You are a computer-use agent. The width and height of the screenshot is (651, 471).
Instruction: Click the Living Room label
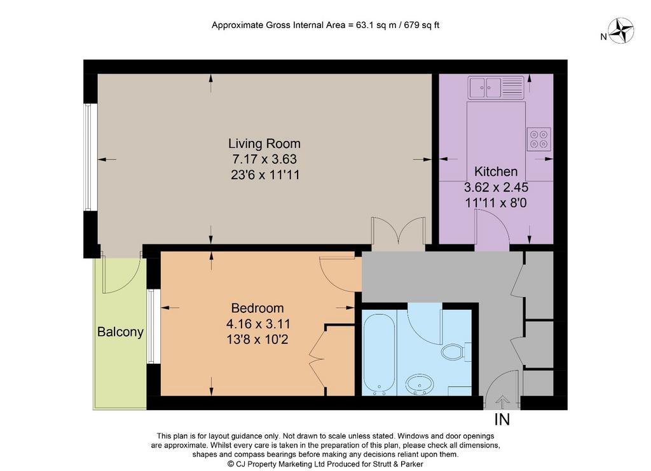pos(264,143)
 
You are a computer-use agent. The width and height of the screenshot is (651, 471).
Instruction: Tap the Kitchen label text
pos(496,171)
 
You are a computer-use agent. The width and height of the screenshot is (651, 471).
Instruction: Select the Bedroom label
pos(257,308)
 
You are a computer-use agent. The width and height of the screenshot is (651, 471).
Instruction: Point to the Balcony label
pos(120,332)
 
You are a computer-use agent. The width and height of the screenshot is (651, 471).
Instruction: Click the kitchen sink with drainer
pos(496,88)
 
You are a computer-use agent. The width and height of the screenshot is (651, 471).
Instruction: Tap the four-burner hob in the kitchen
pos(539,139)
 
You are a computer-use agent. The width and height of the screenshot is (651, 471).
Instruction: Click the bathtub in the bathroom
pos(379,354)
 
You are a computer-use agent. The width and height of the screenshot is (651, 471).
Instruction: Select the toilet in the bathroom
pos(455,352)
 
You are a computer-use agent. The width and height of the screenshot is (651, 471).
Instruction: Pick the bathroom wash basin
pos(420,384)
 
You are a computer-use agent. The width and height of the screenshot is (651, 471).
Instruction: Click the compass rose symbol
pos(622,30)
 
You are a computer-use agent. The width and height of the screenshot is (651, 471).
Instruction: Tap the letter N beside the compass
pos(604,36)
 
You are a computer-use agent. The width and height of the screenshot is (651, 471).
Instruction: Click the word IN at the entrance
pos(502,420)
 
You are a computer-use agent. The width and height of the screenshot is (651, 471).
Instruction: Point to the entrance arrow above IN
pos(502,402)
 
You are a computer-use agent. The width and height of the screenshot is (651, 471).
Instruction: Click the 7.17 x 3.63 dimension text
pos(264,159)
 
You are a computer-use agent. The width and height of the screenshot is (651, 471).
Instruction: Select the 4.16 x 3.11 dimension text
pos(258,324)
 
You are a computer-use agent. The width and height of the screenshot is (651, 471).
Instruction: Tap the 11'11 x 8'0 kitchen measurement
pos(496,203)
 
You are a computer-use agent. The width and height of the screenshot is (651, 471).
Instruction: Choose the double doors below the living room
pos(399,232)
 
